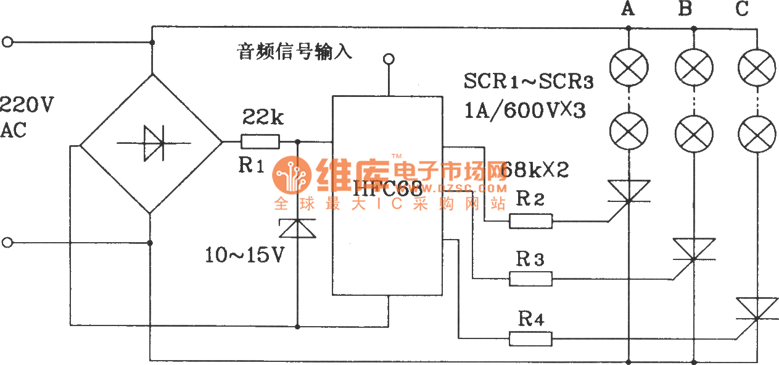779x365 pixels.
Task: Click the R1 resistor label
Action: [x=250, y=166]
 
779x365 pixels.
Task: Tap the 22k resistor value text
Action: [x=263, y=117]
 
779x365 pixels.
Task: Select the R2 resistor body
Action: [x=530, y=220]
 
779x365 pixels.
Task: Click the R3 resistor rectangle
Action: [x=530, y=279]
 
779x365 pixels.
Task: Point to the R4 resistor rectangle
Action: [x=530, y=338]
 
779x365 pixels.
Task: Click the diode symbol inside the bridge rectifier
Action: [x=152, y=143]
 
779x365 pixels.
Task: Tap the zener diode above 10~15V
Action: [x=298, y=229]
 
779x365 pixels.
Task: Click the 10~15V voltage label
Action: [x=245, y=255]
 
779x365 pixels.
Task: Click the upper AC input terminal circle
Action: [x=7, y=43]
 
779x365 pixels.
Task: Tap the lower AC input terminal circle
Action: [x=7, y=243]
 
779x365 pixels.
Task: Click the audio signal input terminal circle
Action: [x=388, y=59]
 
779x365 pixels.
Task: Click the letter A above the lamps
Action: [x=628, y=9]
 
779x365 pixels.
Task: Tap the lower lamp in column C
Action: [x=757, y=130]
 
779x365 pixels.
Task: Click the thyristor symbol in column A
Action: [x=628, y=191]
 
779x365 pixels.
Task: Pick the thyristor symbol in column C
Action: [x=756, y=308]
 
